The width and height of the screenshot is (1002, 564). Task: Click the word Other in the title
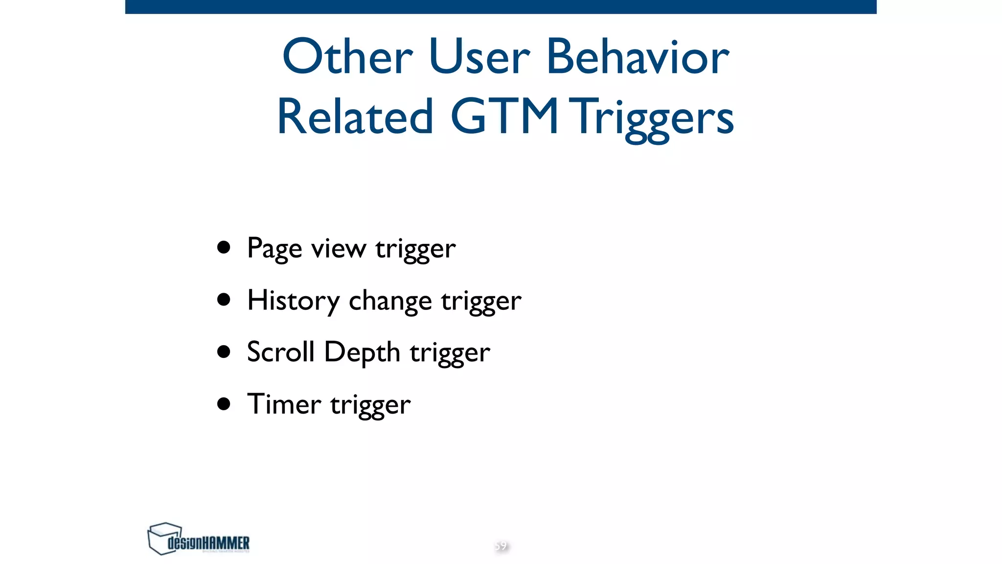pos(347,57)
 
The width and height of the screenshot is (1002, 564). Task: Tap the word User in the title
pos(479,57)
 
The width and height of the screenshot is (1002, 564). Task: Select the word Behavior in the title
pos(637,57)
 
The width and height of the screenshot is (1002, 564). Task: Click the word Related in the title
pos(355,117)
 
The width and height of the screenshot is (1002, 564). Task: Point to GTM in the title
pos(504,117)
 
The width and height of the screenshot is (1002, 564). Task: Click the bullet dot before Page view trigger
pos(224,247)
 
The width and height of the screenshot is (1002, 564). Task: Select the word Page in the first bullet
pos(274,249)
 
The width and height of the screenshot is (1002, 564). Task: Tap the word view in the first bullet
pos(339,248)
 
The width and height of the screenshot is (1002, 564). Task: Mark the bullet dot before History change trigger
pos(224,299)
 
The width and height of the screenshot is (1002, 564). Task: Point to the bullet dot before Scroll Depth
pos(224,352)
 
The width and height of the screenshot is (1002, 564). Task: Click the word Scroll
pos(280,352)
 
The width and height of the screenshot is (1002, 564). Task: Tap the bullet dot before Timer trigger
pos(224,404)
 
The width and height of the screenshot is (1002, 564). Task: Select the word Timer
pos(284,404)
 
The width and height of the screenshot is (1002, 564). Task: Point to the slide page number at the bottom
pos(501,546)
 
